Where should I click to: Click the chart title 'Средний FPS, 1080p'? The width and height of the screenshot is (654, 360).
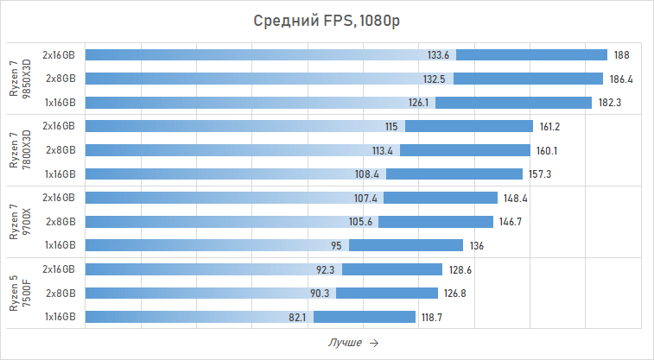(x=327, y=21)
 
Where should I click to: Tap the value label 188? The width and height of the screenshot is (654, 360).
(x=621, y=54)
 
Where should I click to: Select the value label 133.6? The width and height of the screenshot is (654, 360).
(x=439, y=54)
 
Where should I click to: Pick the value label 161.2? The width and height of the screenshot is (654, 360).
(x=550, y=126)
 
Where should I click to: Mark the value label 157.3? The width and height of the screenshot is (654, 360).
(x=540, y=174)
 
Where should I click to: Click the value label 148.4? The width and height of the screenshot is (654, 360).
(x=515, y=198)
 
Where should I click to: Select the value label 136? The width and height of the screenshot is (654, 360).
(x=477, y=245)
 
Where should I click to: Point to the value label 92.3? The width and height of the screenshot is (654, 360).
(x=325, y=269)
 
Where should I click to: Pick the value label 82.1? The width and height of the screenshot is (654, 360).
(x=297, y=317)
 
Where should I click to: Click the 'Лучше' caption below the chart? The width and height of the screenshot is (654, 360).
(x=345, y=343)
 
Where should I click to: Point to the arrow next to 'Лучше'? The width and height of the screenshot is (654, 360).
(x=373, y=343)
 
